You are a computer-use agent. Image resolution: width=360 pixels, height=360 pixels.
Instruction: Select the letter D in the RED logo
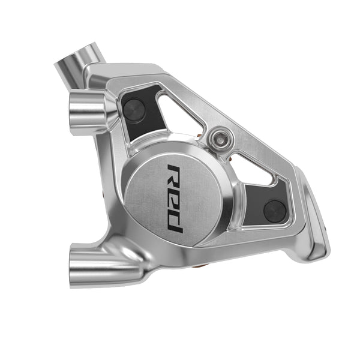(175, 220)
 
